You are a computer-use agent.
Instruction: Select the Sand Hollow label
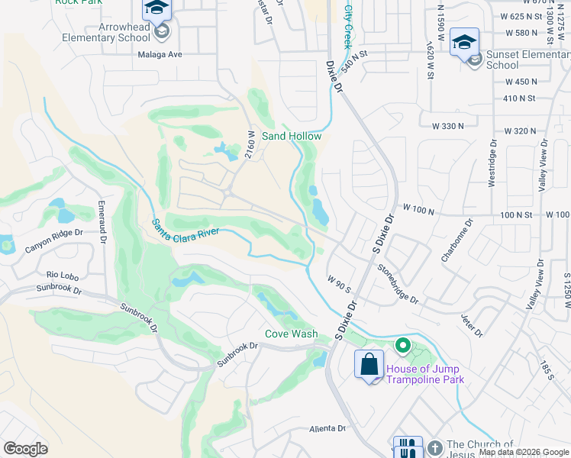point(292,136)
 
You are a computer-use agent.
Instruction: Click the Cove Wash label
point(292,334)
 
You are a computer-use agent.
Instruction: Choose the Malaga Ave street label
point(160,54)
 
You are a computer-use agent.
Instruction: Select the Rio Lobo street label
point(63,274)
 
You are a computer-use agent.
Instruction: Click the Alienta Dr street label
point(328,429)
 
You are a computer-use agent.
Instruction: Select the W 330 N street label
point(448,125)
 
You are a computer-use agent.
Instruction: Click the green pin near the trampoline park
point(403,347)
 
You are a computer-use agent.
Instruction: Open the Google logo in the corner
point(25,449)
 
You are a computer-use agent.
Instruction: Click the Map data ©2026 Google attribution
point(524,452)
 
